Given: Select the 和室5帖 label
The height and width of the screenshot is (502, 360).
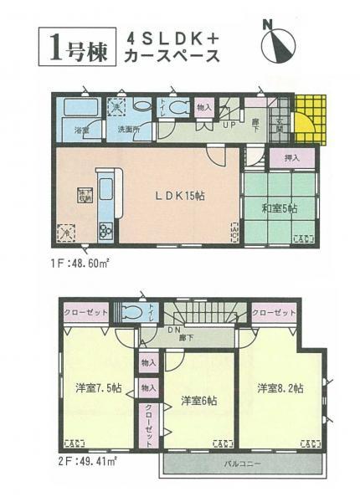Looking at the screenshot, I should (x=275, y=207).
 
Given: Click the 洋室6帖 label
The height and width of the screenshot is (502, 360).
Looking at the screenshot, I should (x=199, y=401).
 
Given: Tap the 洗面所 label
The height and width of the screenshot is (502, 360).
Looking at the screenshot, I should (x=128, y=131).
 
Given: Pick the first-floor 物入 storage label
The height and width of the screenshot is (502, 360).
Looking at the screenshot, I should (x=203, y=108).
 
